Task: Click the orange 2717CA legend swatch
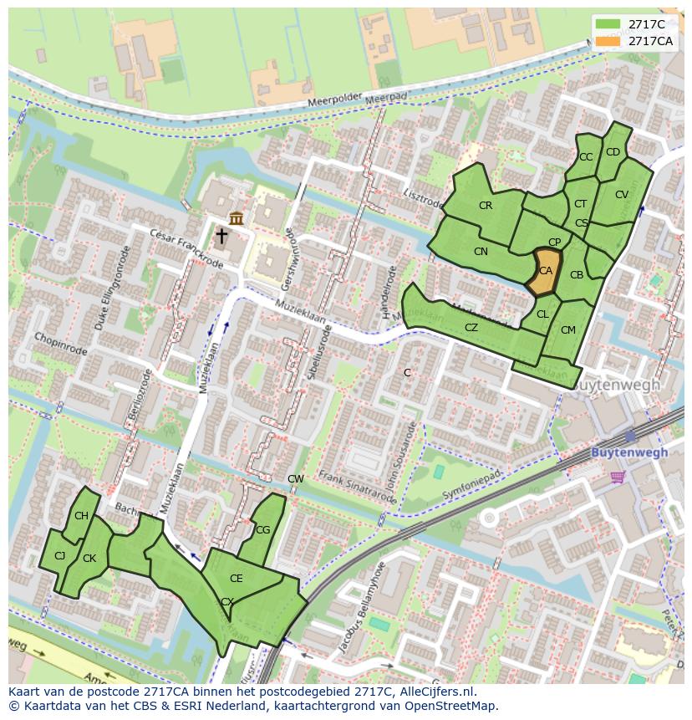(x=608, y=41)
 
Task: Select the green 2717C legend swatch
(x=608, y=24)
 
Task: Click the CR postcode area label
(x=486, y=206)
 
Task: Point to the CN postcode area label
(x=481, y=252)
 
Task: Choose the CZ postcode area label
(x=471, y=328)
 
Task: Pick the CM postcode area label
(x=568, y=330)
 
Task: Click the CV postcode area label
(x=621, y=195)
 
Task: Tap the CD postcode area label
(x=613, y=152)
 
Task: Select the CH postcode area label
(x=81, y=516)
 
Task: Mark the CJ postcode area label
(x=59, y=556)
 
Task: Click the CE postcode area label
(x=236, y=579)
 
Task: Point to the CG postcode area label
(x=262, y=530)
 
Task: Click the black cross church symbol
(x=221, y=237)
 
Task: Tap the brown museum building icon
(x=237, y=218)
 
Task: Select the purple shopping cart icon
(x=618, y=477)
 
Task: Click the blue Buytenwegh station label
(x=629, y=452)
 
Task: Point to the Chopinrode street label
(x=61, y=343)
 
